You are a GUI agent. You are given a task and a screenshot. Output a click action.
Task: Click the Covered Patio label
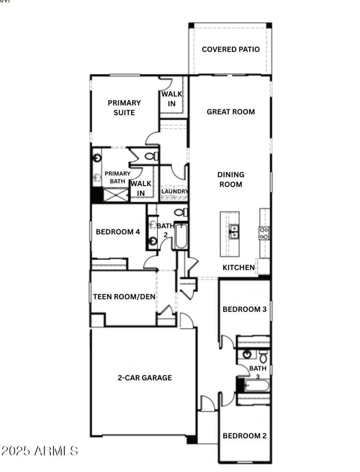click(x=230, y=49)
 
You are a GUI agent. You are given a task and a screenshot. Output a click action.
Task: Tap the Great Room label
click(x=230, y=111)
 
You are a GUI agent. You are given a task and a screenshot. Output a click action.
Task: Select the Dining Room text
click(x=230, y=179)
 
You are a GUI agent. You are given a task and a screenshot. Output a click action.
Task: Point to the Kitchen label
click(x=238, y=267)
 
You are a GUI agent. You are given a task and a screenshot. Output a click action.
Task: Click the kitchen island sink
click(x=234, y=232)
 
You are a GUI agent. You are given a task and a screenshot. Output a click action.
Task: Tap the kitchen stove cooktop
click(x=264, y=232)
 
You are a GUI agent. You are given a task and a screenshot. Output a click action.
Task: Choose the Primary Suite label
click(x=124, y=107)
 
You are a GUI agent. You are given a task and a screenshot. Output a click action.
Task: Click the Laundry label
click(x=175, y=191)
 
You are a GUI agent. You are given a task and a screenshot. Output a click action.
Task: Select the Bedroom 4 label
click(x=118, y=232)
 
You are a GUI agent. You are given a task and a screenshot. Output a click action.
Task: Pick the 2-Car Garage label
click(x=144, y=378)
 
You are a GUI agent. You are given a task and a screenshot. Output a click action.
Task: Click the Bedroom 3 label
click(x=244, y=309)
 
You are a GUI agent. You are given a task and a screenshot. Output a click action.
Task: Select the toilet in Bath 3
click(x=263, y=356)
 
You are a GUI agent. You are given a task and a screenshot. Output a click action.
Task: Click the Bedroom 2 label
click(x=244, y=436)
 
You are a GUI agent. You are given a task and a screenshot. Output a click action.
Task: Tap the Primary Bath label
click(x=117, y=177)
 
